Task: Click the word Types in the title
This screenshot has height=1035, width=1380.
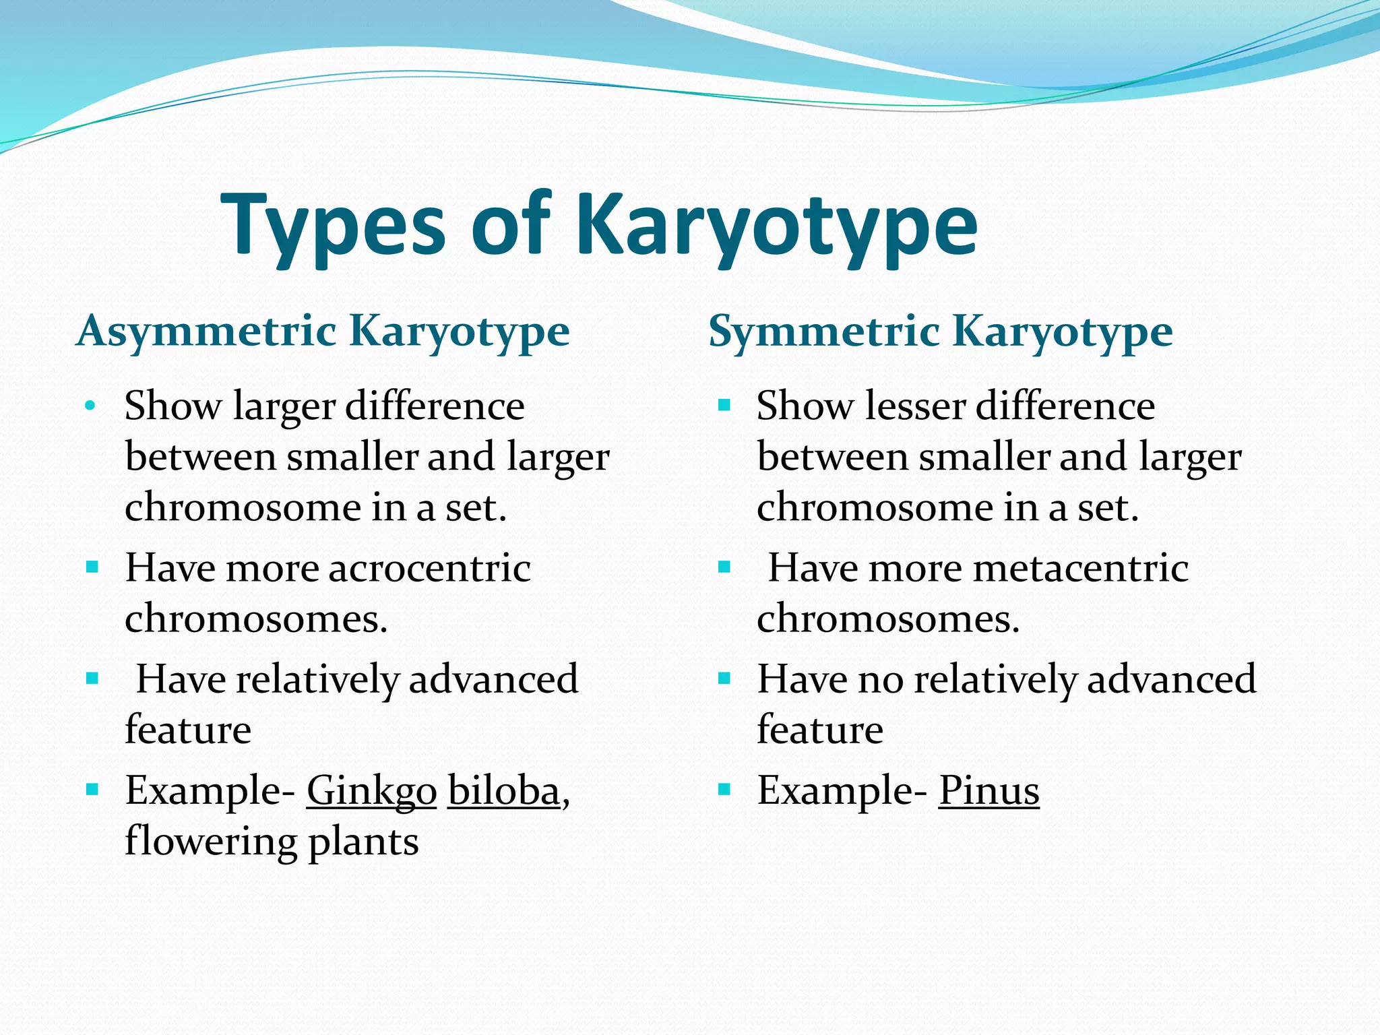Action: [x=334, y=226]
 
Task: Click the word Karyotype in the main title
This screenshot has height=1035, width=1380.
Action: [x=776, y=226]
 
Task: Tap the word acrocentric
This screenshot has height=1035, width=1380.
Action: [x=429, y=568]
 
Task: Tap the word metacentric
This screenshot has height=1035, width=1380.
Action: [x=1079, y=568]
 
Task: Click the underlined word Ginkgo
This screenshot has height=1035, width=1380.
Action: [x=371, y=791]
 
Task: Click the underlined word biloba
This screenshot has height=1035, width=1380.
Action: [x=503, y=790]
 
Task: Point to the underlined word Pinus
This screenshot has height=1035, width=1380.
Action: [x=989, y=790]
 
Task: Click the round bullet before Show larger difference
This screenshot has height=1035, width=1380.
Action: [x=90, y=406]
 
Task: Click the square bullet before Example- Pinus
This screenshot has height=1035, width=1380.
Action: [x=724, y=789]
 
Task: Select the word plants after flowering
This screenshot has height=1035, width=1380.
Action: [x=363, y=842]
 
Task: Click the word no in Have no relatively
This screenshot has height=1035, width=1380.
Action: [x=880, y=679]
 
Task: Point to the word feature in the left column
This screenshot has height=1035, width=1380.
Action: [x=188, y=730]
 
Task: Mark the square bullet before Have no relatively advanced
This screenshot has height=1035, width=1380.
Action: [x=724, y=678]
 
